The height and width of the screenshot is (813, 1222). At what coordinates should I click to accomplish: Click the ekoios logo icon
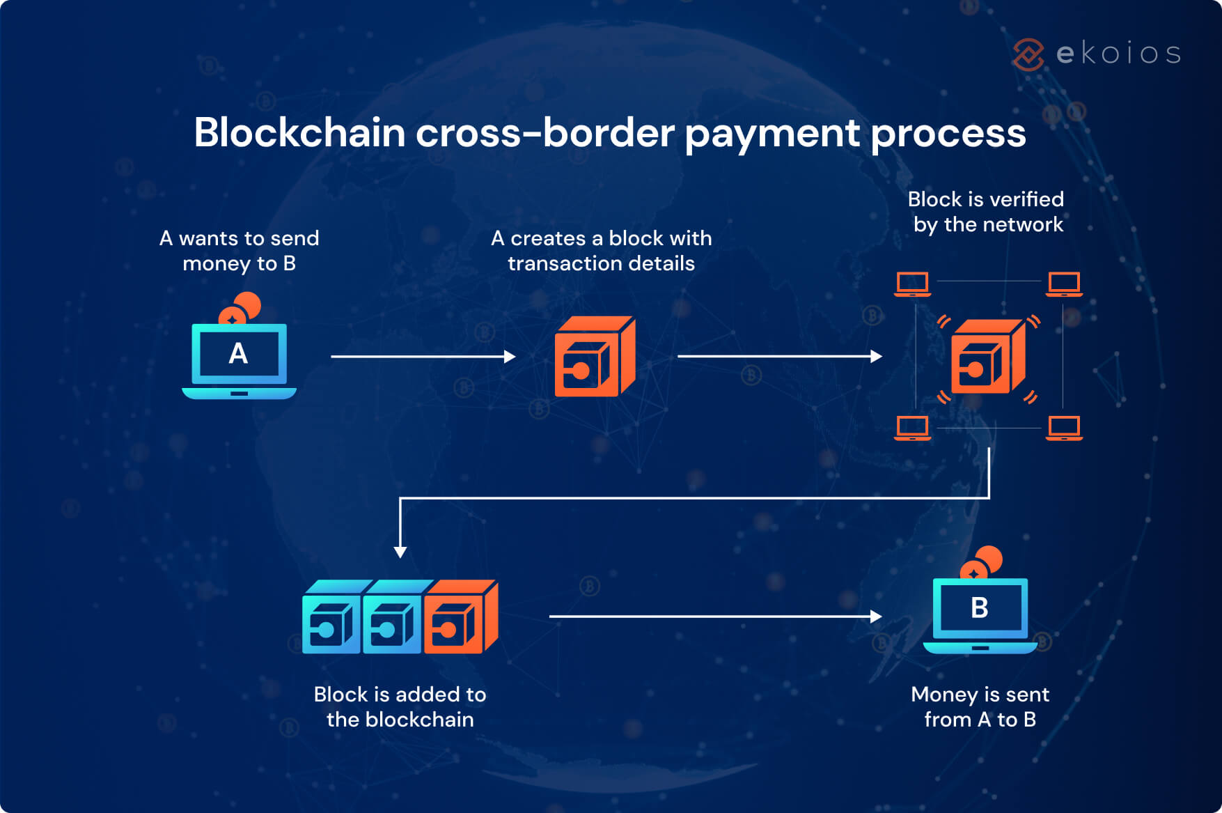point(1028,54)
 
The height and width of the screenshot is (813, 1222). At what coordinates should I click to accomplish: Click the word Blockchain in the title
point(299,132)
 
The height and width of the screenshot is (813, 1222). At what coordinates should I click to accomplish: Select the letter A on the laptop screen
point(238,354)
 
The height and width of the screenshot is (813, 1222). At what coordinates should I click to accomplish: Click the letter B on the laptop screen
point(979,608)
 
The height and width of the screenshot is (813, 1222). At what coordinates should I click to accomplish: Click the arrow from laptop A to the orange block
point(422,357)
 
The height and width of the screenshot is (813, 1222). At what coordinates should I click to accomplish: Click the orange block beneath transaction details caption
point(594,357)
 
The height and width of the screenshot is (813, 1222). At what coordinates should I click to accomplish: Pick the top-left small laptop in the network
point(912,284)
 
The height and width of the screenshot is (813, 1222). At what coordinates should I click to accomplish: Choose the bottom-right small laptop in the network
point(1064,428)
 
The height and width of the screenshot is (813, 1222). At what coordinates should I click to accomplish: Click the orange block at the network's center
point(987,357)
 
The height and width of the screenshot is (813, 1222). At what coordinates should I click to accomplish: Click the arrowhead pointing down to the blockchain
point(400,552)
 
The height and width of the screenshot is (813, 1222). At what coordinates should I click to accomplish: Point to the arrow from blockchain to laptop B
point(714,617)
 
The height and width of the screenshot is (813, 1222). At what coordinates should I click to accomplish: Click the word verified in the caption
point(1026,199)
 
